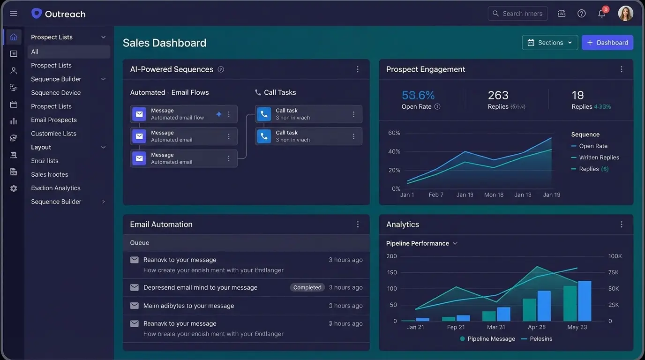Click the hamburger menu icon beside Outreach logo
[x=14, y=14]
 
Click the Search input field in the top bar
[x=517, y=14]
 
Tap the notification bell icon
[x=601, y=14]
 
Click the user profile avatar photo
[x=625, y=14]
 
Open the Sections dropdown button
[x=550, y=43]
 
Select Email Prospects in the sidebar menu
[x=54, y=120]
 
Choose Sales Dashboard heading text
[x=165, y=43]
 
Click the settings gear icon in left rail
[x=14, y=188]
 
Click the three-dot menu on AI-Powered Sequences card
[x=358, y=69]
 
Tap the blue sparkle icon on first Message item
[x=218, y=114]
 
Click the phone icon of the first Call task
[x=264, y=114]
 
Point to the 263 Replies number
[x=498, y=95]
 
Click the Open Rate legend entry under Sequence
[x=592, y=146]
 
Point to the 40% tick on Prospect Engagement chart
[x=394, y=151]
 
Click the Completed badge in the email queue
[x=307, y=287]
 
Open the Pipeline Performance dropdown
[x=421, y=243]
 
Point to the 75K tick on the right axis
[x=614, y=272]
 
